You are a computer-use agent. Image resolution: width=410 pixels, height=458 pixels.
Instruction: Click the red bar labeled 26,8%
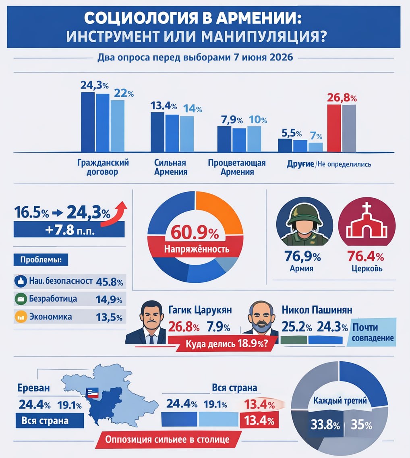334,128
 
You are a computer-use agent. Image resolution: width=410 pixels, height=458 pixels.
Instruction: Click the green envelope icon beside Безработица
20,299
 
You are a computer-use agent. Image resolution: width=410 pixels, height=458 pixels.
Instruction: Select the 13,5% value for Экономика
109,317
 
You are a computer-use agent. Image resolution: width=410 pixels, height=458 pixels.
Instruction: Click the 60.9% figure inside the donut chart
196,232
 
